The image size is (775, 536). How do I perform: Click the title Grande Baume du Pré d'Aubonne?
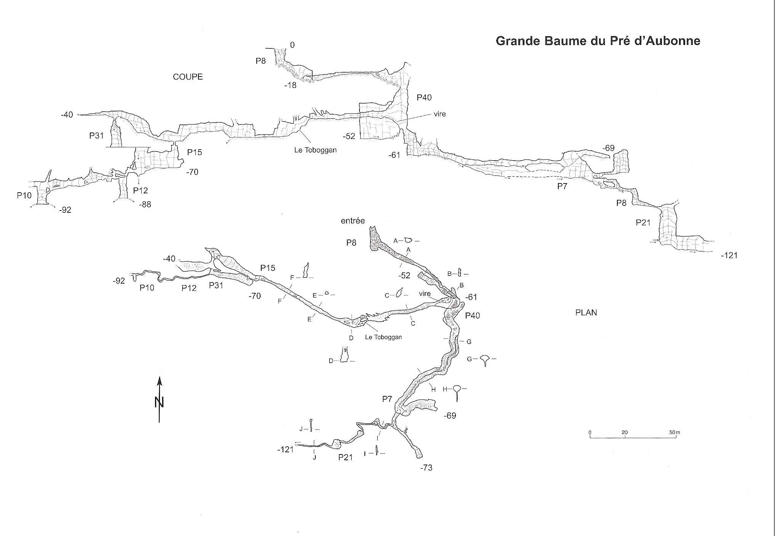(598, 41)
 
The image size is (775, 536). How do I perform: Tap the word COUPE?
(188, 77)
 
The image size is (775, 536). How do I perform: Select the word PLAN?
(586, 313)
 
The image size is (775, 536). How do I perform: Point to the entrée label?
(353, 221)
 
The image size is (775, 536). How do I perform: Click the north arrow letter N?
(159, 402)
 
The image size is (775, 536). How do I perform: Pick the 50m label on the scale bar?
(674, 432)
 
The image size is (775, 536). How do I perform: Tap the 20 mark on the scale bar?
(625, 432)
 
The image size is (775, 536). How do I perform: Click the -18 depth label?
(290, 86)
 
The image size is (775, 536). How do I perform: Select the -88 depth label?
(145, 205)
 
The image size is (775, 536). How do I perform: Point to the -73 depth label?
(426, 468)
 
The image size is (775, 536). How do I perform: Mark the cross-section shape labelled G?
(485, 360)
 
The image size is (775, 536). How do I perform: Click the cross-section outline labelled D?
(345, 356)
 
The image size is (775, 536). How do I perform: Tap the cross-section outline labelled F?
(305, 270)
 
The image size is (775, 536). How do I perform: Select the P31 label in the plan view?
(216, 286)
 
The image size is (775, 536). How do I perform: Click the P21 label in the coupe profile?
(643, 223)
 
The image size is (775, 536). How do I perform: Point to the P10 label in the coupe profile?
(24, 195)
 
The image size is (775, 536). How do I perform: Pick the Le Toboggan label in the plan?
(383, 337)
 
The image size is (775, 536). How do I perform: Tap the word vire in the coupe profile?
(439, 114)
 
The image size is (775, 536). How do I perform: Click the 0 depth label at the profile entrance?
(292, 45)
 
